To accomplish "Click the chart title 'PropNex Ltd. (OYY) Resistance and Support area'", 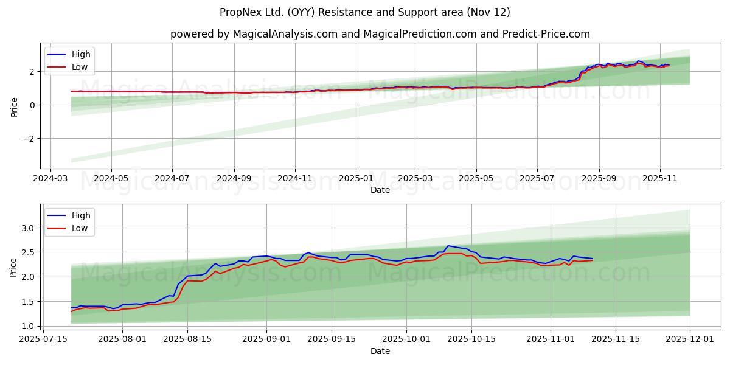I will tap(364, 12).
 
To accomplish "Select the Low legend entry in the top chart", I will tap(80, 68).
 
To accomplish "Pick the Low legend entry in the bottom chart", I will tap(80, 229).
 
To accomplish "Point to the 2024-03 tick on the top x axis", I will tap(50, 179).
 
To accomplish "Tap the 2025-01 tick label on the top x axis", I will tap(355, 179).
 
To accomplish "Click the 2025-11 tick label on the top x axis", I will tap(661, 179).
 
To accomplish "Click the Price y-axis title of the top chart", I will tap(14, 106).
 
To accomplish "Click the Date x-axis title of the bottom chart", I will tap(380, 351).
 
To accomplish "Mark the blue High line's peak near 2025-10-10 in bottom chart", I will tap(448, 246).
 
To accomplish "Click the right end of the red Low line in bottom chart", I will tap(592, 260).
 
